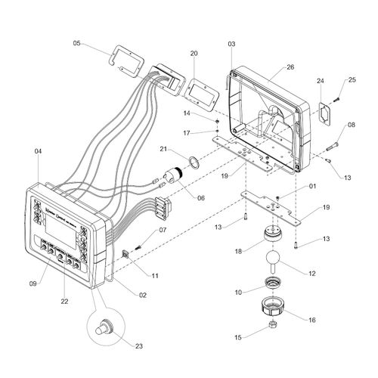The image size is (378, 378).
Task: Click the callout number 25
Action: (352, 80)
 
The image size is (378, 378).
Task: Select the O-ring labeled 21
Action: (193, 160)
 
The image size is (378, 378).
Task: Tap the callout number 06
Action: (200, 198)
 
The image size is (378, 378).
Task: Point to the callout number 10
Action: (239, 291)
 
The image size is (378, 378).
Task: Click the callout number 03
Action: (231, 45)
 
